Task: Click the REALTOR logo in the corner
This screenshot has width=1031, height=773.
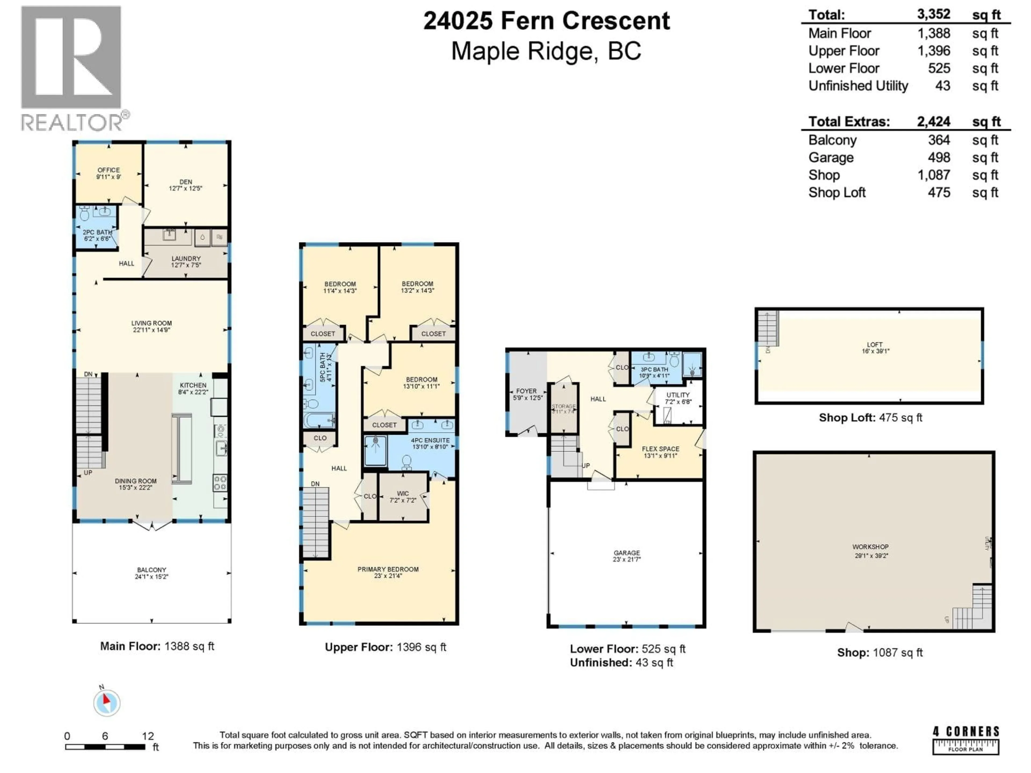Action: click(x=72, y=68)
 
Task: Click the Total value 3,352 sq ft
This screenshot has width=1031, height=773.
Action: click(x=934, y=14)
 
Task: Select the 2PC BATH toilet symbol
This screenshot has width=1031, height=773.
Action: click(x=84, y=214)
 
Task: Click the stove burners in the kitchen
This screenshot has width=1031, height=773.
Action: click(x=220, y=483)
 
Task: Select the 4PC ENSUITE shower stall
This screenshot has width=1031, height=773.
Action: click(x=375, y=450)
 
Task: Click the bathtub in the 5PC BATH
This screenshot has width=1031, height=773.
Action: click(x=319, y=420)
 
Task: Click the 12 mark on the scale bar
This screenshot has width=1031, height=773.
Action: click(x=148, y=736)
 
